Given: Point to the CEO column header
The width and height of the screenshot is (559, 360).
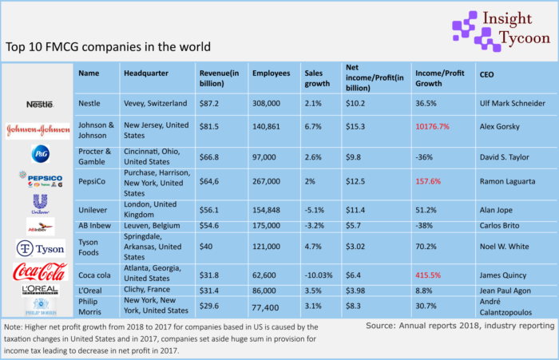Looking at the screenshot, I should [x=487, y=73].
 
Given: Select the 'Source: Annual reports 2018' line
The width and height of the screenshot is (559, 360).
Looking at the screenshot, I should [x=460, y=326].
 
